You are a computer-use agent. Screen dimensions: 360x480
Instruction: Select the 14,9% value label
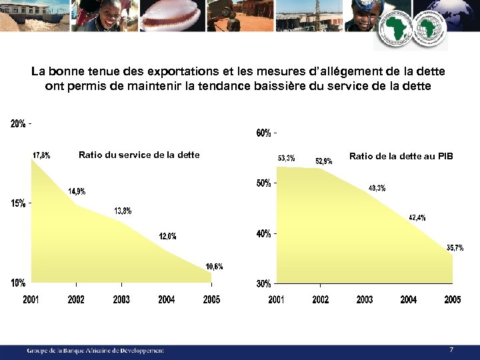(x=77, y=191)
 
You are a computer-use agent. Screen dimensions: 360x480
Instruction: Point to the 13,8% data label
(x=123, y=211)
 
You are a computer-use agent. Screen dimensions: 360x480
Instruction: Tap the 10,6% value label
(x=214, y=267)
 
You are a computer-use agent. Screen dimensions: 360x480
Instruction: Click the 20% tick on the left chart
(x=18, y=123)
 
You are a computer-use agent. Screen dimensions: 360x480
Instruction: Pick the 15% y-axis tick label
(x=18, y=203)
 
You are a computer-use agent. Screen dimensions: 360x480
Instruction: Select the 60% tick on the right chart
(x=263, y=133)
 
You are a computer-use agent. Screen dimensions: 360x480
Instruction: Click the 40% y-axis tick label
(x=263, y=234)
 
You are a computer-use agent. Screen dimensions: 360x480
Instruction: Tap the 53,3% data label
(x=286, y=158)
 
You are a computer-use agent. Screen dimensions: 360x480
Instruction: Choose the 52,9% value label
(x=323, y=161)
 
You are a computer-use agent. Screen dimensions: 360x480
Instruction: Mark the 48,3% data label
(x=377, y=188)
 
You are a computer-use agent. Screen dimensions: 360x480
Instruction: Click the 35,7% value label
(x=455, y=248)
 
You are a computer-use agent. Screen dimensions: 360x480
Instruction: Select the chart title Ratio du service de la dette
(x=139, y=155)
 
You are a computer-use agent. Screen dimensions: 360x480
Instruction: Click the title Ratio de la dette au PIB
(x=401, y=156)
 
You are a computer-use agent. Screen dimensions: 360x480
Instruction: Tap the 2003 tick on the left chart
(x=121, y=300)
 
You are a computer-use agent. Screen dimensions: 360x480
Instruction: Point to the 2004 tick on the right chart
(x=409, y=300)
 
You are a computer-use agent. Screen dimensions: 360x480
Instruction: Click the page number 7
(x=451, y=349)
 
